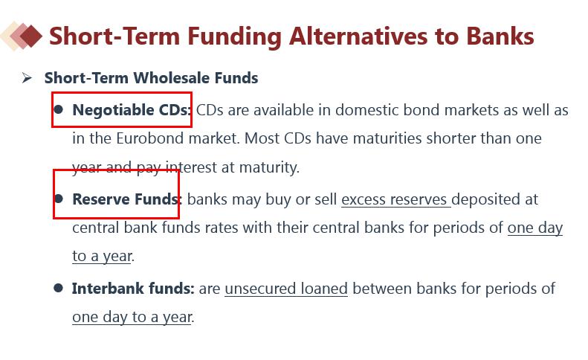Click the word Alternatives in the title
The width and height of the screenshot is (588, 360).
coord(359,36)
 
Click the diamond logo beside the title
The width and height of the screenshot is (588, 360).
coord(21,36)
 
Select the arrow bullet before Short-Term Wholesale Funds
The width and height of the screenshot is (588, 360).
coord(27,77)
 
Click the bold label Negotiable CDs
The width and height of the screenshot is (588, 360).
coord(132,110)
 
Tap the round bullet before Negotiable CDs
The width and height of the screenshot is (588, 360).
coord(59,109)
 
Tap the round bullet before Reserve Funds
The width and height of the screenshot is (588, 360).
coord(59,199)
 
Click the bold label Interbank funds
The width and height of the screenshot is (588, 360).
coord(133,289)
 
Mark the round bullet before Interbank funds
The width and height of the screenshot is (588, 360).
coord(58,288)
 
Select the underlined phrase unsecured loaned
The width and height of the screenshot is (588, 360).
coord(286,289)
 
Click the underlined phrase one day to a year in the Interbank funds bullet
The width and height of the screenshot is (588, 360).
coord(132,317)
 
